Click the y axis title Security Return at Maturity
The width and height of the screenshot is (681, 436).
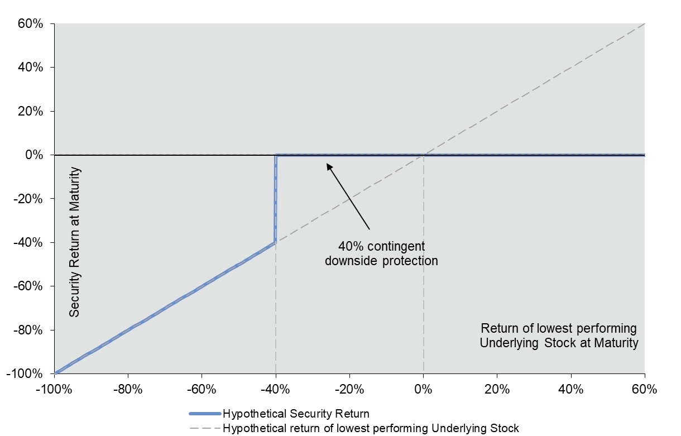point(75,242)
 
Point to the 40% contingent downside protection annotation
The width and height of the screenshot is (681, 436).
point(382,253)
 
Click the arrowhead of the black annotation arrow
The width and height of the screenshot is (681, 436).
point(329,165)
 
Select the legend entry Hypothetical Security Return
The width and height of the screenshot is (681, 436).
point(296,414)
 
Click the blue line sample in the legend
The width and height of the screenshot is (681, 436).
point(205,414)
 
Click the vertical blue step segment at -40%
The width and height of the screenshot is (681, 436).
point(276,198)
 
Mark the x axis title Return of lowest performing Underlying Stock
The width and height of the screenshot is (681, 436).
point(559,335)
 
